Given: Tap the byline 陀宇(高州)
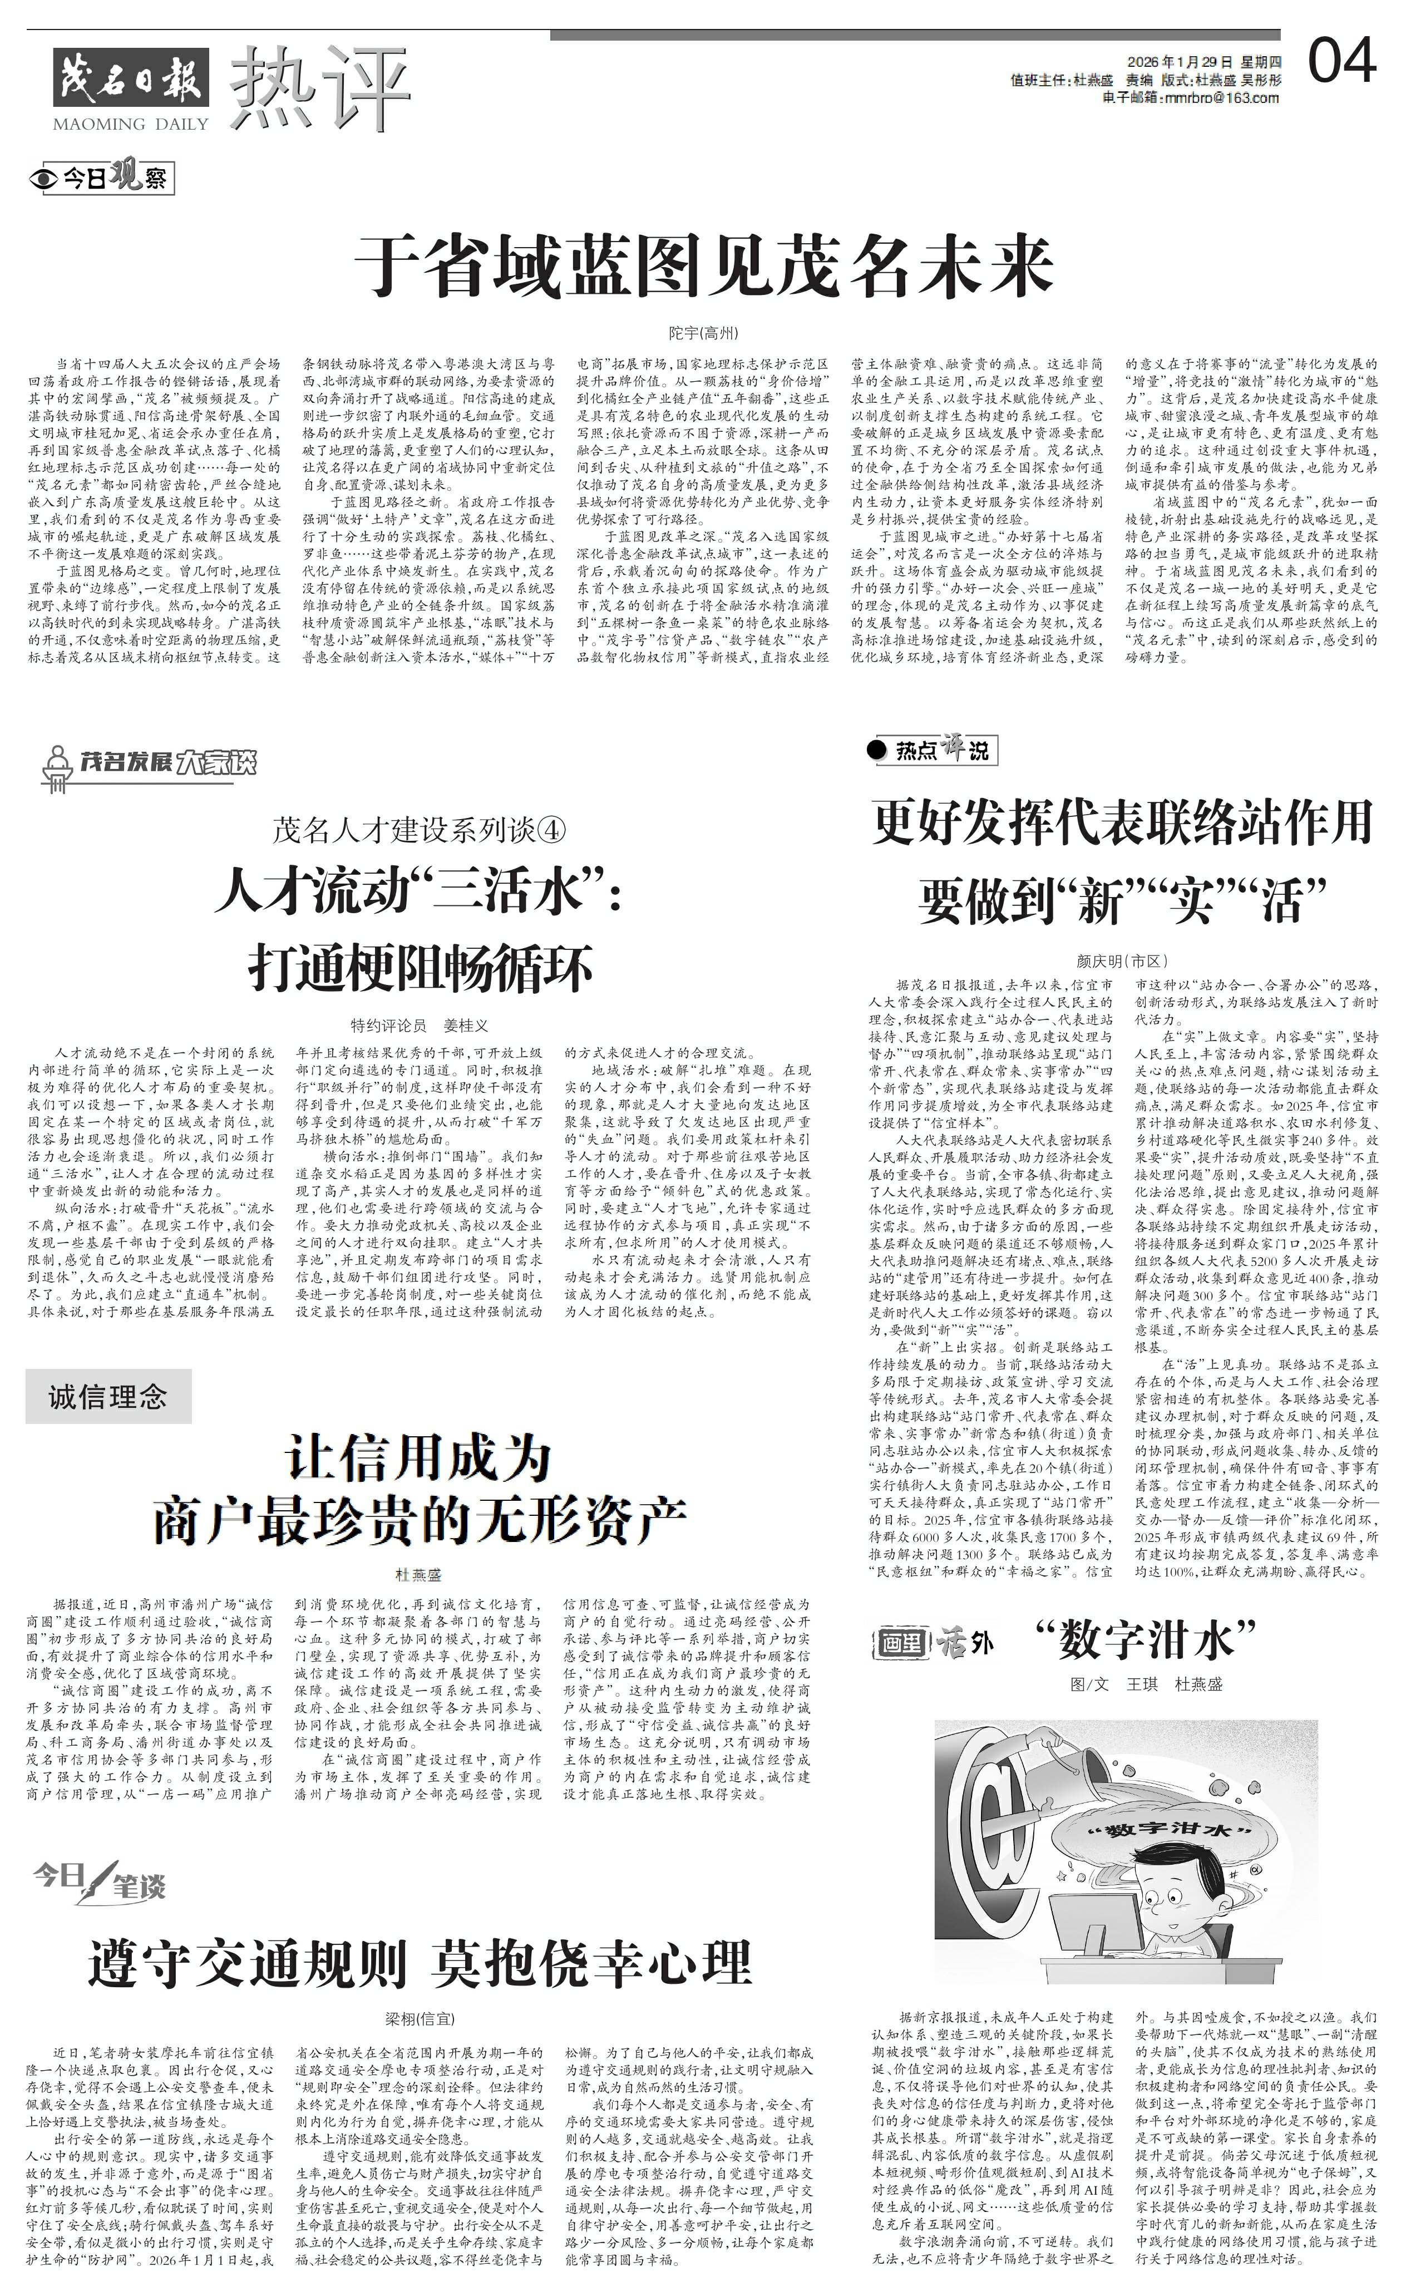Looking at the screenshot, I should click(703, 333).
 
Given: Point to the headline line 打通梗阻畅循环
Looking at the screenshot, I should click(420, 968).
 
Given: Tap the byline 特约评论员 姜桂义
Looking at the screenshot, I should click(420, 1025).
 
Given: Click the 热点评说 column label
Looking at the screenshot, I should click(933, 750).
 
